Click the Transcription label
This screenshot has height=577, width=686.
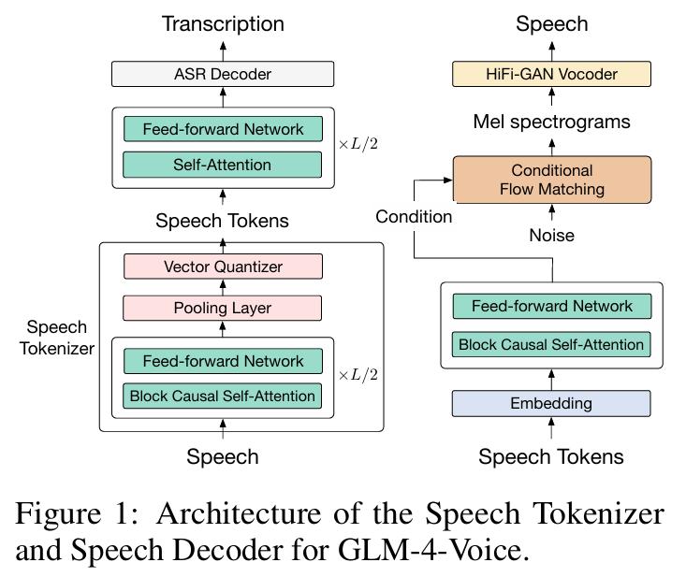(x=223, y=23)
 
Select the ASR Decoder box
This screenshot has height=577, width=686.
(x=223, y=74)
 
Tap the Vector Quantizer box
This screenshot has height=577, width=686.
(x=223, y=267)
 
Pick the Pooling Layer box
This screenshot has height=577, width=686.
(x=223, y=308)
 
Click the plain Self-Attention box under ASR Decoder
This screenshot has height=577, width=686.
(x=223, y=165)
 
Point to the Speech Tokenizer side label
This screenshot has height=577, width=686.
(x=57, y=338)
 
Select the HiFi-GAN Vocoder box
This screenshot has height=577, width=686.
(x=550, y=74)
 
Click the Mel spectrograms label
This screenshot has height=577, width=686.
(x=551, y=122)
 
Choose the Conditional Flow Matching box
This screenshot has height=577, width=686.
(x=551, y=180)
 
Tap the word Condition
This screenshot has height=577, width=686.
(x=414, y=216)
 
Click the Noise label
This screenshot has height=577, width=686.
(x=550, y=236)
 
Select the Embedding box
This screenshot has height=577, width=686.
(x=550, y=403)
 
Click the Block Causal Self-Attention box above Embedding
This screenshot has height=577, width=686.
(x=550, y=344)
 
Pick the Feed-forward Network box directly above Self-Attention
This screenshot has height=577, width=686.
(x=223, y=129)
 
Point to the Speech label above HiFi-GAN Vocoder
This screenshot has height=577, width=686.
(x=550, y=23)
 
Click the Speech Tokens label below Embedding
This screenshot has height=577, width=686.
(x=550, y=457)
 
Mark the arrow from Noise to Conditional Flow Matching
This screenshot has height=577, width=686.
(x=551, y=214)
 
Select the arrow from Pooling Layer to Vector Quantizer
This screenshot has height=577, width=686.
(x=223, y=287)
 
